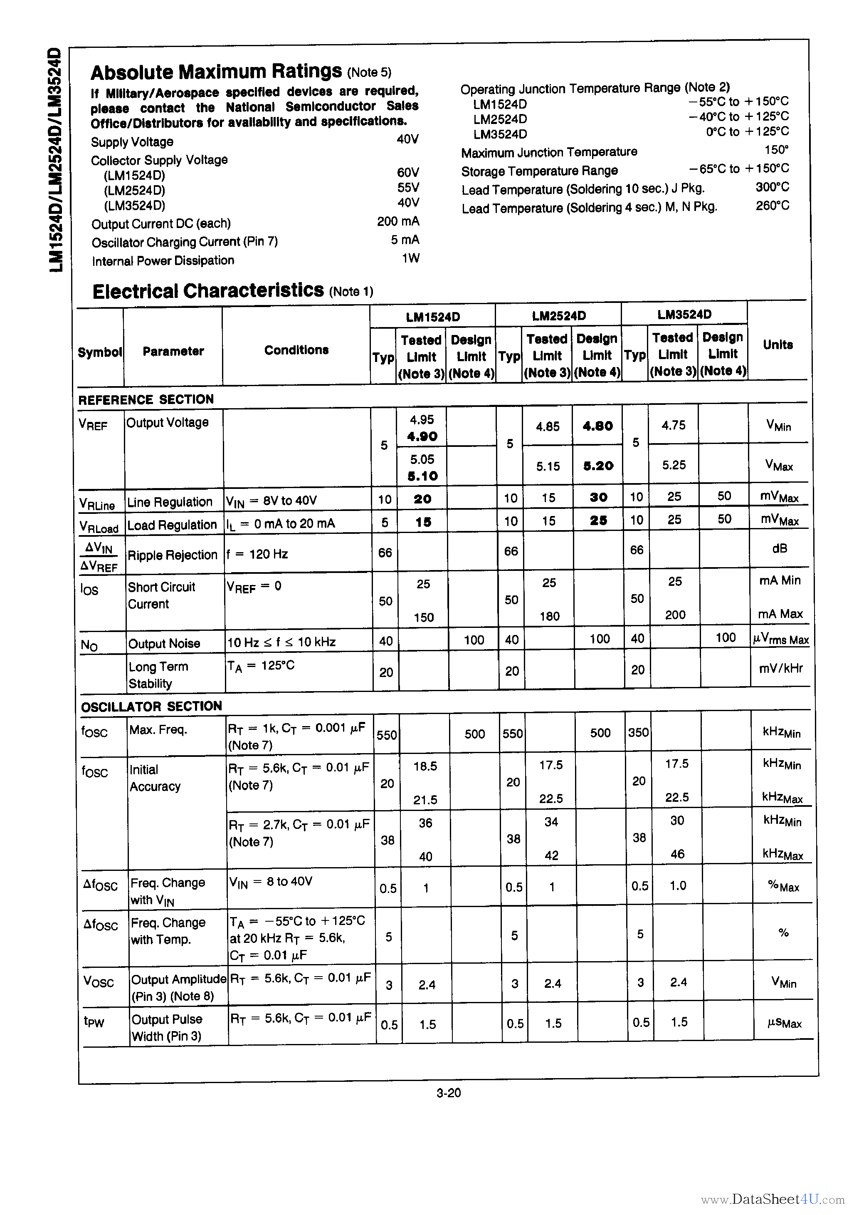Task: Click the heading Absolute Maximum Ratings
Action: pos(216,72)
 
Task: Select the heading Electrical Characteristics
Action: pos(208,291)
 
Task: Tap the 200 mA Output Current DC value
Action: pos(398,221)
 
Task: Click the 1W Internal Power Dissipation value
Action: pos(410,258)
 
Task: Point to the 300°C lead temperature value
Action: pos(772,187)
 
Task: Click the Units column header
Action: pos(778,345)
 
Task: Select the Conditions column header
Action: pos(296,350)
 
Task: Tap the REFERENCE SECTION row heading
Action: pos(146,399)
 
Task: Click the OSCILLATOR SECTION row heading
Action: pos(151,707)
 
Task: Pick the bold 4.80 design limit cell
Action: pos(598,426)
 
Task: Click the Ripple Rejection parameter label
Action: pos(173,555)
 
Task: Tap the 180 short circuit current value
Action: pos(550,616)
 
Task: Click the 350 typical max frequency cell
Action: pos(638,732)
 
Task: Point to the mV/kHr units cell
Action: pos(780,668)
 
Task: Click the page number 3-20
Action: pos(449,1093)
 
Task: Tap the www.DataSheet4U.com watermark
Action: pos(772,1199)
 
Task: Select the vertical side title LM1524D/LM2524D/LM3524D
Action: pos(56,160)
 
